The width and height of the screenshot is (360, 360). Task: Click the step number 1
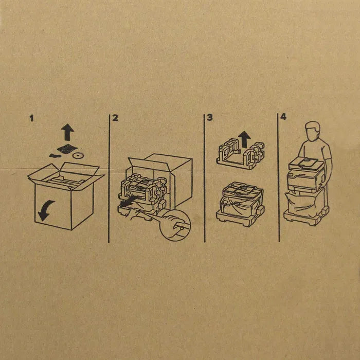coord(32,118)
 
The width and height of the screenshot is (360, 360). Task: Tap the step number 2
coord(115,118)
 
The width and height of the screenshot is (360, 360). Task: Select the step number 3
coord(210,118)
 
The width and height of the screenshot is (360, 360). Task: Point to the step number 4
coord(283,117)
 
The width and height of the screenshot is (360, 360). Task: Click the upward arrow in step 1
coord(67,132)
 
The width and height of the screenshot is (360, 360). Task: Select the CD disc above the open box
coord(78,156)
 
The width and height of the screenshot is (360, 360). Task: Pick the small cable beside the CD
coord(55,156)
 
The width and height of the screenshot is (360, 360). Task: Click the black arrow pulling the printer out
coord(129,201)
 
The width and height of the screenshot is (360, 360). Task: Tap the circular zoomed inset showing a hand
coord(175,225)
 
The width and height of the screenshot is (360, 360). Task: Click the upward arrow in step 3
coord(244,139)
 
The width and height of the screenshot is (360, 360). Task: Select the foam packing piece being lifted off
coord(240,152)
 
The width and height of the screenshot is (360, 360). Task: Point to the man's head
coord(312,131)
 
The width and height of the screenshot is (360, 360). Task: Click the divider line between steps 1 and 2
coord(109,178)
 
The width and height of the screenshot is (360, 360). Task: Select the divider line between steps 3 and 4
coord(278,177)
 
